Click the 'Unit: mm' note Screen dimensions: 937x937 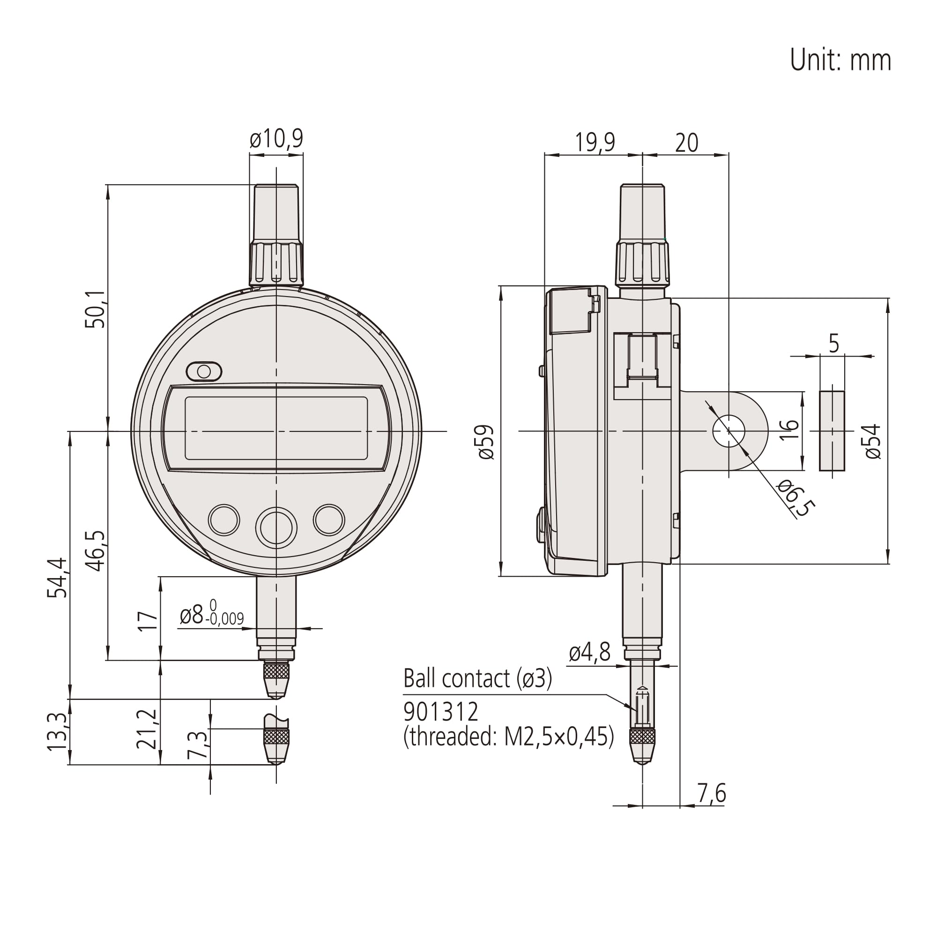(840, 60)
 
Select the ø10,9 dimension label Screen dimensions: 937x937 (276, 139)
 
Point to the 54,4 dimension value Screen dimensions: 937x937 (58, 578)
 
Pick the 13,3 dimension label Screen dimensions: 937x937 (58, 732)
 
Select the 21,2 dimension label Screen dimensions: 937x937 (147, 729)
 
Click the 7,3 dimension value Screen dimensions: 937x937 (198, 745)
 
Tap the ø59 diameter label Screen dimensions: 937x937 (485, 442)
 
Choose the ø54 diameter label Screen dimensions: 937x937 (872, 441)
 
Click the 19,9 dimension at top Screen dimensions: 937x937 (595, 142)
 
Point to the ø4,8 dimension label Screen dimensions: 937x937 (589, 653)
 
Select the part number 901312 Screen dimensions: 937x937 (441, 712)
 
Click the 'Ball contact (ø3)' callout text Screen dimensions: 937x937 (478, 678)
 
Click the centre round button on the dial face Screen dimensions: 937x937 (276, 528)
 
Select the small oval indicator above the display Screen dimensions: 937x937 (204, 372)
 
